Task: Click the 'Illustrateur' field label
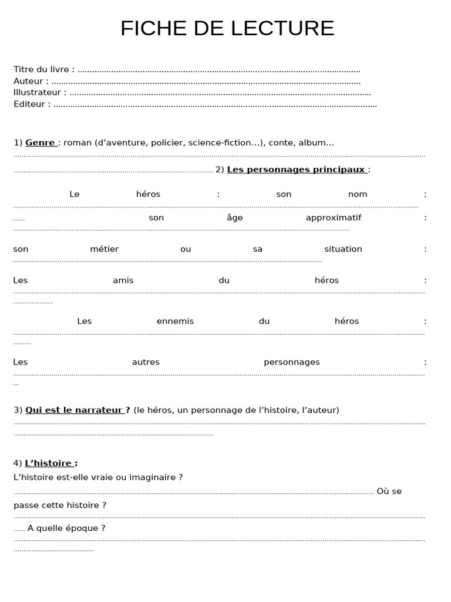(x=37, y=92)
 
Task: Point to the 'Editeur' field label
(x=29, y=104)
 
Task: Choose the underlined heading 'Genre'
(x=40, y=143)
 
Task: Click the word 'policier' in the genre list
(x=167, y=143)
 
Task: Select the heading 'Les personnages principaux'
(x=296, y=170)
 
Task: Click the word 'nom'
(x=358, y=194)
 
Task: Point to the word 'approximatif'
(x=334, y=218)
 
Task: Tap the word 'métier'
(x=105, y=249)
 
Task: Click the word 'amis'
(x=123, y=280)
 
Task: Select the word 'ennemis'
(x=175, y=321)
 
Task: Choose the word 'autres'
(x=146, y=362)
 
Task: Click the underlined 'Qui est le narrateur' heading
(x=74, y=410)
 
